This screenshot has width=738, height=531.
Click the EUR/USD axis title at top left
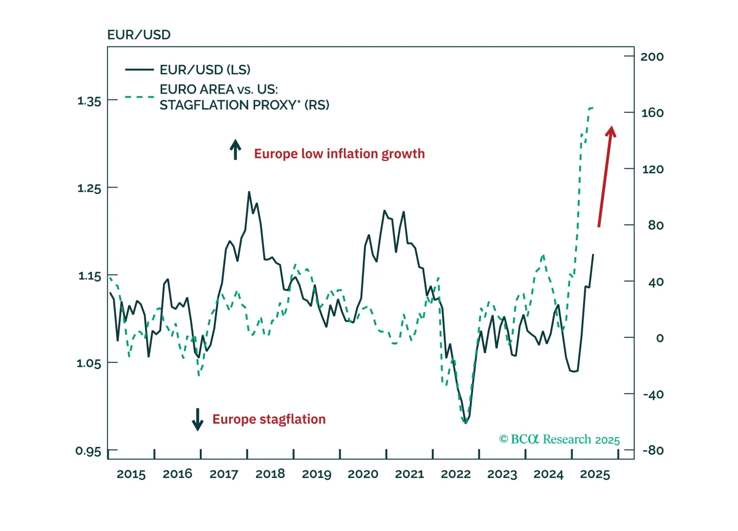(138, 35)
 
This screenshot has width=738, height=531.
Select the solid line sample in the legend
(139, 70)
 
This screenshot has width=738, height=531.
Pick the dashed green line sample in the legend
(139, 97)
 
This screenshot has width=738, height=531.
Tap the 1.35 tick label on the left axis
(89, 101)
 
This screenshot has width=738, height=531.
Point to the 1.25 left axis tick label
(89, 188)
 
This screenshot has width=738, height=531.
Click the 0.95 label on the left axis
(88, 451)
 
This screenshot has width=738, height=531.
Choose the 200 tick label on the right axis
(652, 57)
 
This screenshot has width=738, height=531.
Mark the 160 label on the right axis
(652, 113)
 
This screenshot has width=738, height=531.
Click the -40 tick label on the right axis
(653, 395)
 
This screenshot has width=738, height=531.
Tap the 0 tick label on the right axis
(659, 338)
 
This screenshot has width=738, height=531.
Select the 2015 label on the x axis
(131, 474)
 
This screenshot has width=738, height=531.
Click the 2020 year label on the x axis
(363, 474)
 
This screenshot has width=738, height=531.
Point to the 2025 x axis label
(595, 474)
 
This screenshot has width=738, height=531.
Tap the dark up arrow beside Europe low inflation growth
(236, 149)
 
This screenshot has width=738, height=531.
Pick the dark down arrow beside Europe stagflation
(198, 419)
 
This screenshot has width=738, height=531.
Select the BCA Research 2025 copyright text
(559, 439)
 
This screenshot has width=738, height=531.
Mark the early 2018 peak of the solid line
(249, 192)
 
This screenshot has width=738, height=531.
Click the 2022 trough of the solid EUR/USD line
(466, 423)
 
